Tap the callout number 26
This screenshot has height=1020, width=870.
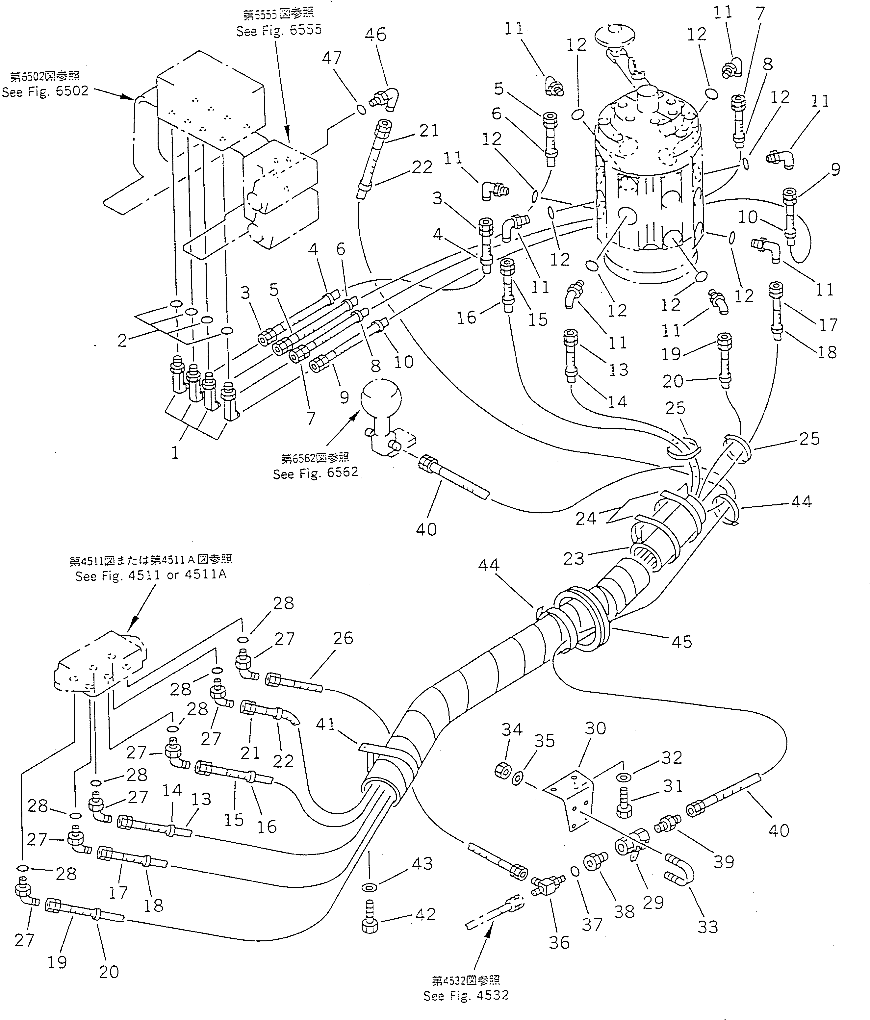pos(343,638)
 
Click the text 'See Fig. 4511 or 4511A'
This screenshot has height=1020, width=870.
pos(151,575)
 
